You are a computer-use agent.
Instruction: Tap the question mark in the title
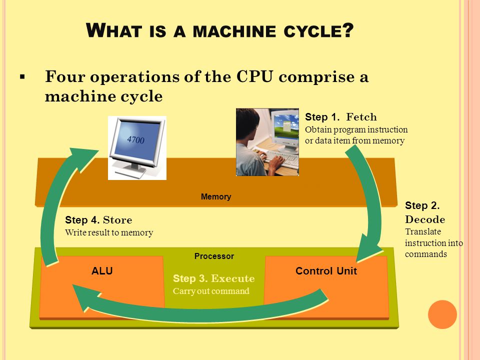[348, 30]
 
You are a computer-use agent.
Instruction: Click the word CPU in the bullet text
[254, 76]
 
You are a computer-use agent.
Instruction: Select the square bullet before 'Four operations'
[22, 76]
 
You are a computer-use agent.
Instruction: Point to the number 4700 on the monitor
[135, 139]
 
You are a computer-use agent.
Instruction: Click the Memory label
[216, 196]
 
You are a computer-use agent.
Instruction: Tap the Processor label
[214, 256]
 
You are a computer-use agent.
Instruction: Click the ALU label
[102, 270]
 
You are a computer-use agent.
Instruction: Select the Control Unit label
[326, 271]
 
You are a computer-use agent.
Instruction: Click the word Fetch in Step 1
[361, 117]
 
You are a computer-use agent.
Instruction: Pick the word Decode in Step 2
[425, 219]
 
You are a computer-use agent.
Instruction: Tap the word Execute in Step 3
[232, 278]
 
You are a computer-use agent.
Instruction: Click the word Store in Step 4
[117, 220]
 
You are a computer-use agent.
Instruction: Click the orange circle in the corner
[442, 314]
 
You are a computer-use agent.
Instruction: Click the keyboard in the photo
[280, 158]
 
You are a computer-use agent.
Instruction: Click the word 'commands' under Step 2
[426, 254]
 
